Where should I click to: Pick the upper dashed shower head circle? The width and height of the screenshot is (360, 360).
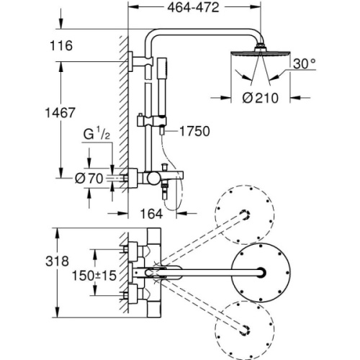click(246, 215)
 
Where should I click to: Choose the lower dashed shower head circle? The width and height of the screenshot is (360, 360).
click(245, 326)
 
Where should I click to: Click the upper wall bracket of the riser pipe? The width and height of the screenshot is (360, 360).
click(134, 62)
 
